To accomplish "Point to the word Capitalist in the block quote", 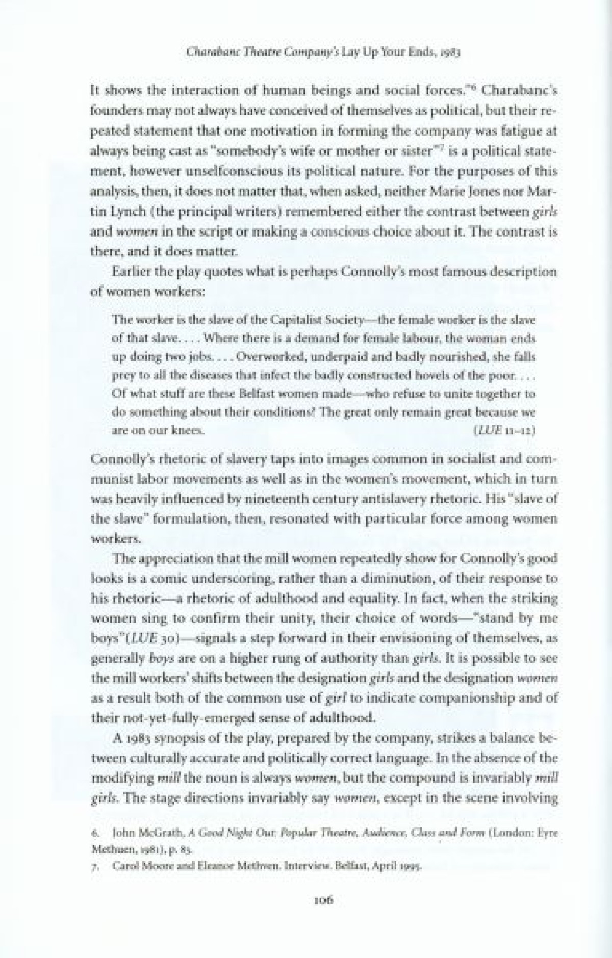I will click(292, 321).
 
